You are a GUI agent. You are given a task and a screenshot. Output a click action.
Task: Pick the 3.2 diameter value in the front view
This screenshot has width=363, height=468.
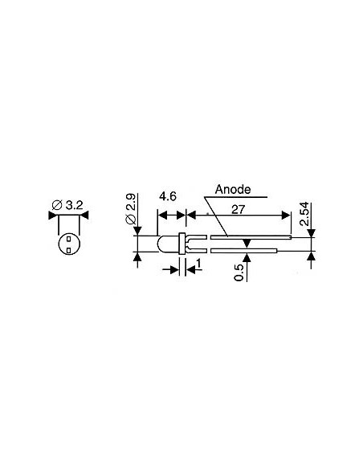(x=73, y=205)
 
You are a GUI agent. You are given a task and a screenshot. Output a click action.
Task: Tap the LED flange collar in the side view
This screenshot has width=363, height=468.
(x=185, y=244)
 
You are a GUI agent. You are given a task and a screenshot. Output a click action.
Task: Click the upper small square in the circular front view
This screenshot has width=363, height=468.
(x=69, y=239)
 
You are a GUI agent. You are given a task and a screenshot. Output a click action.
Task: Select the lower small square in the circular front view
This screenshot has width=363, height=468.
(x=69, y=250)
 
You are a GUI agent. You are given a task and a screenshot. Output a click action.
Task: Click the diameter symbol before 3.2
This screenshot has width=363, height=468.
(x=56, y=206)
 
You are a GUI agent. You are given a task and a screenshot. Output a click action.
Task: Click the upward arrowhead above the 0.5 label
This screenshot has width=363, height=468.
(x=247, y=256)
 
